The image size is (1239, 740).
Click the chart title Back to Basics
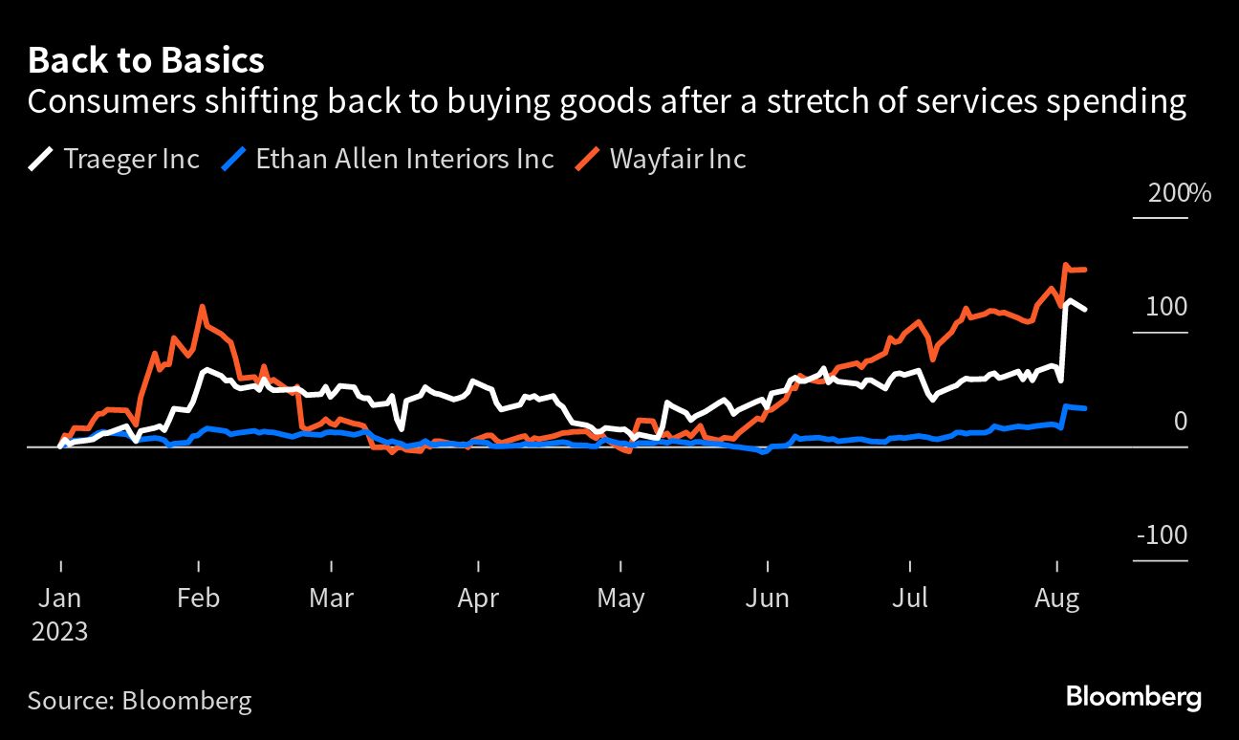(145, 61)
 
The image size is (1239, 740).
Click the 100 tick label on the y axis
(1166, 307)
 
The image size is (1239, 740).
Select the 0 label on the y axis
(1180, 422)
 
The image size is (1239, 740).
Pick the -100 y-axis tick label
(1162, 535)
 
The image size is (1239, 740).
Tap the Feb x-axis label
(198, 599)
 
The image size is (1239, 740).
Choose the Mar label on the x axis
(331, 599)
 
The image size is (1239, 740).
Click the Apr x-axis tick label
(478, 599)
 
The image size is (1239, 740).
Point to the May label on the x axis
(620, 599)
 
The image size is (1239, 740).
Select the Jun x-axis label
(767, 599)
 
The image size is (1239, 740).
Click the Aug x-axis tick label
(1057, 599)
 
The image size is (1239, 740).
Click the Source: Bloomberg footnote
(140, 701)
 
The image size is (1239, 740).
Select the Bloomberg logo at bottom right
(1133, 697)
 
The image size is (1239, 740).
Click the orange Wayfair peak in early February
(202, 308)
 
